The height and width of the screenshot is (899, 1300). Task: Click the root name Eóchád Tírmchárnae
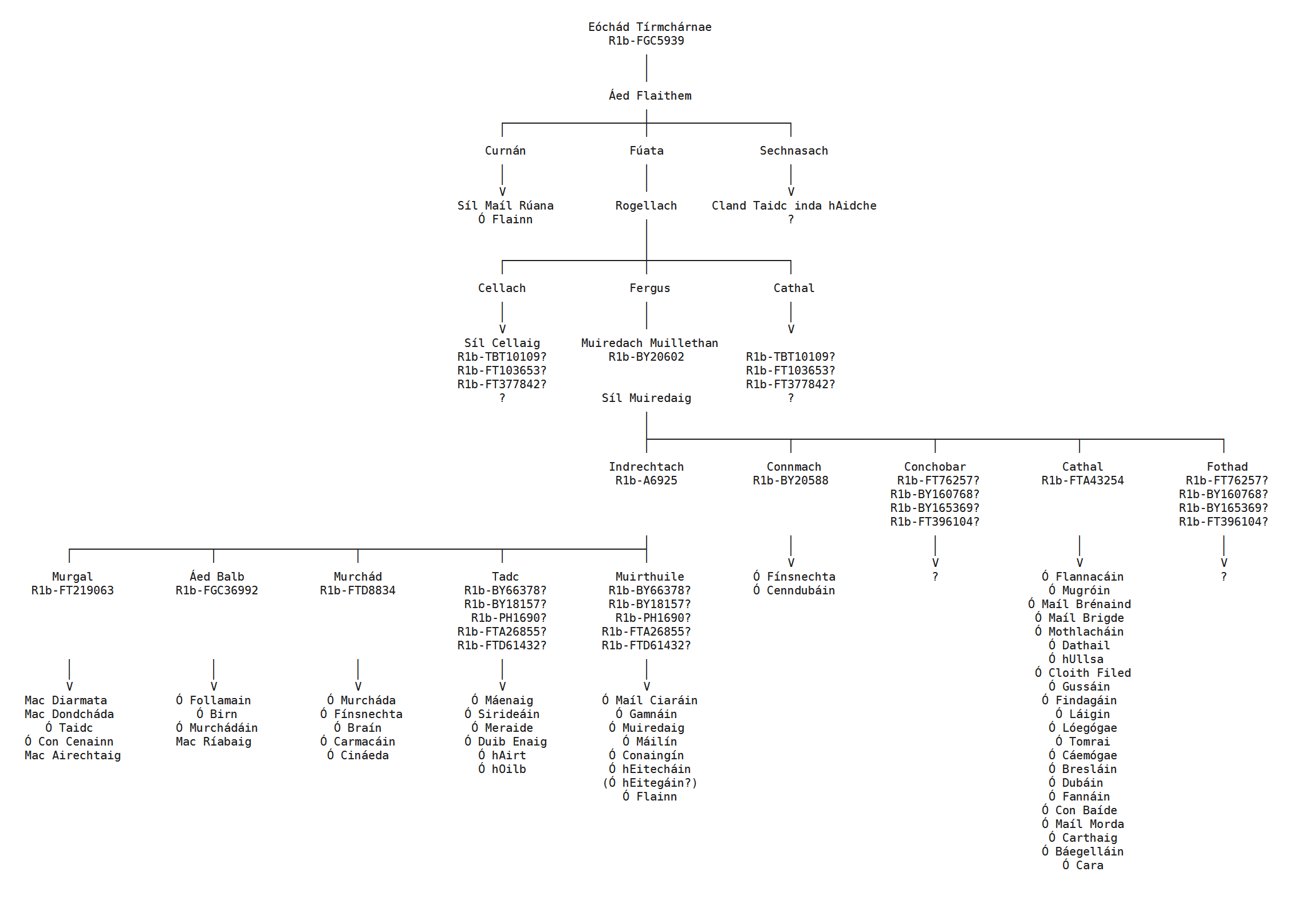649,27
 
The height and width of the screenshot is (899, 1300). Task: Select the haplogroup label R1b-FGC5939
646,41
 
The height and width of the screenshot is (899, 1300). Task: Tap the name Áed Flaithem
649,96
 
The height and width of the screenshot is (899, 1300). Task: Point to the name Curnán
505,151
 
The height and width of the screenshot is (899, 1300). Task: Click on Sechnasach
793,151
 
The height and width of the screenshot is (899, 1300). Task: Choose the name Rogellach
646,206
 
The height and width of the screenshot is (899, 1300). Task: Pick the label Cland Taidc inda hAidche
793,206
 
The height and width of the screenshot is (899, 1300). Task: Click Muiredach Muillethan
649,343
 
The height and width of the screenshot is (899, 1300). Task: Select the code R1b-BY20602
646,357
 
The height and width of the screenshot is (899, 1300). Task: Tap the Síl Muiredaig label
646,398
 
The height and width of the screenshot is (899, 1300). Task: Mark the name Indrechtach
646,467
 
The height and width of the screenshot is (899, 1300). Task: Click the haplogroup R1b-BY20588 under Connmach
790,480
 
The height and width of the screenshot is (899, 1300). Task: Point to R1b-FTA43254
1082,480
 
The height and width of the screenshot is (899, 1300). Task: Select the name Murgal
72,577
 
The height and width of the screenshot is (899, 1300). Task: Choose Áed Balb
216,577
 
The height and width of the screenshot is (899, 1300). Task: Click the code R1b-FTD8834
357,590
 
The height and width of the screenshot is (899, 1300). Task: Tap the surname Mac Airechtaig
72,755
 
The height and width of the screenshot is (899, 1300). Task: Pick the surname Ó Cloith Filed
1082,673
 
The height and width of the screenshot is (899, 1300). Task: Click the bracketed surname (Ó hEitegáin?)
649,783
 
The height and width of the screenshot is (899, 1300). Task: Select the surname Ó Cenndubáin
794,590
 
